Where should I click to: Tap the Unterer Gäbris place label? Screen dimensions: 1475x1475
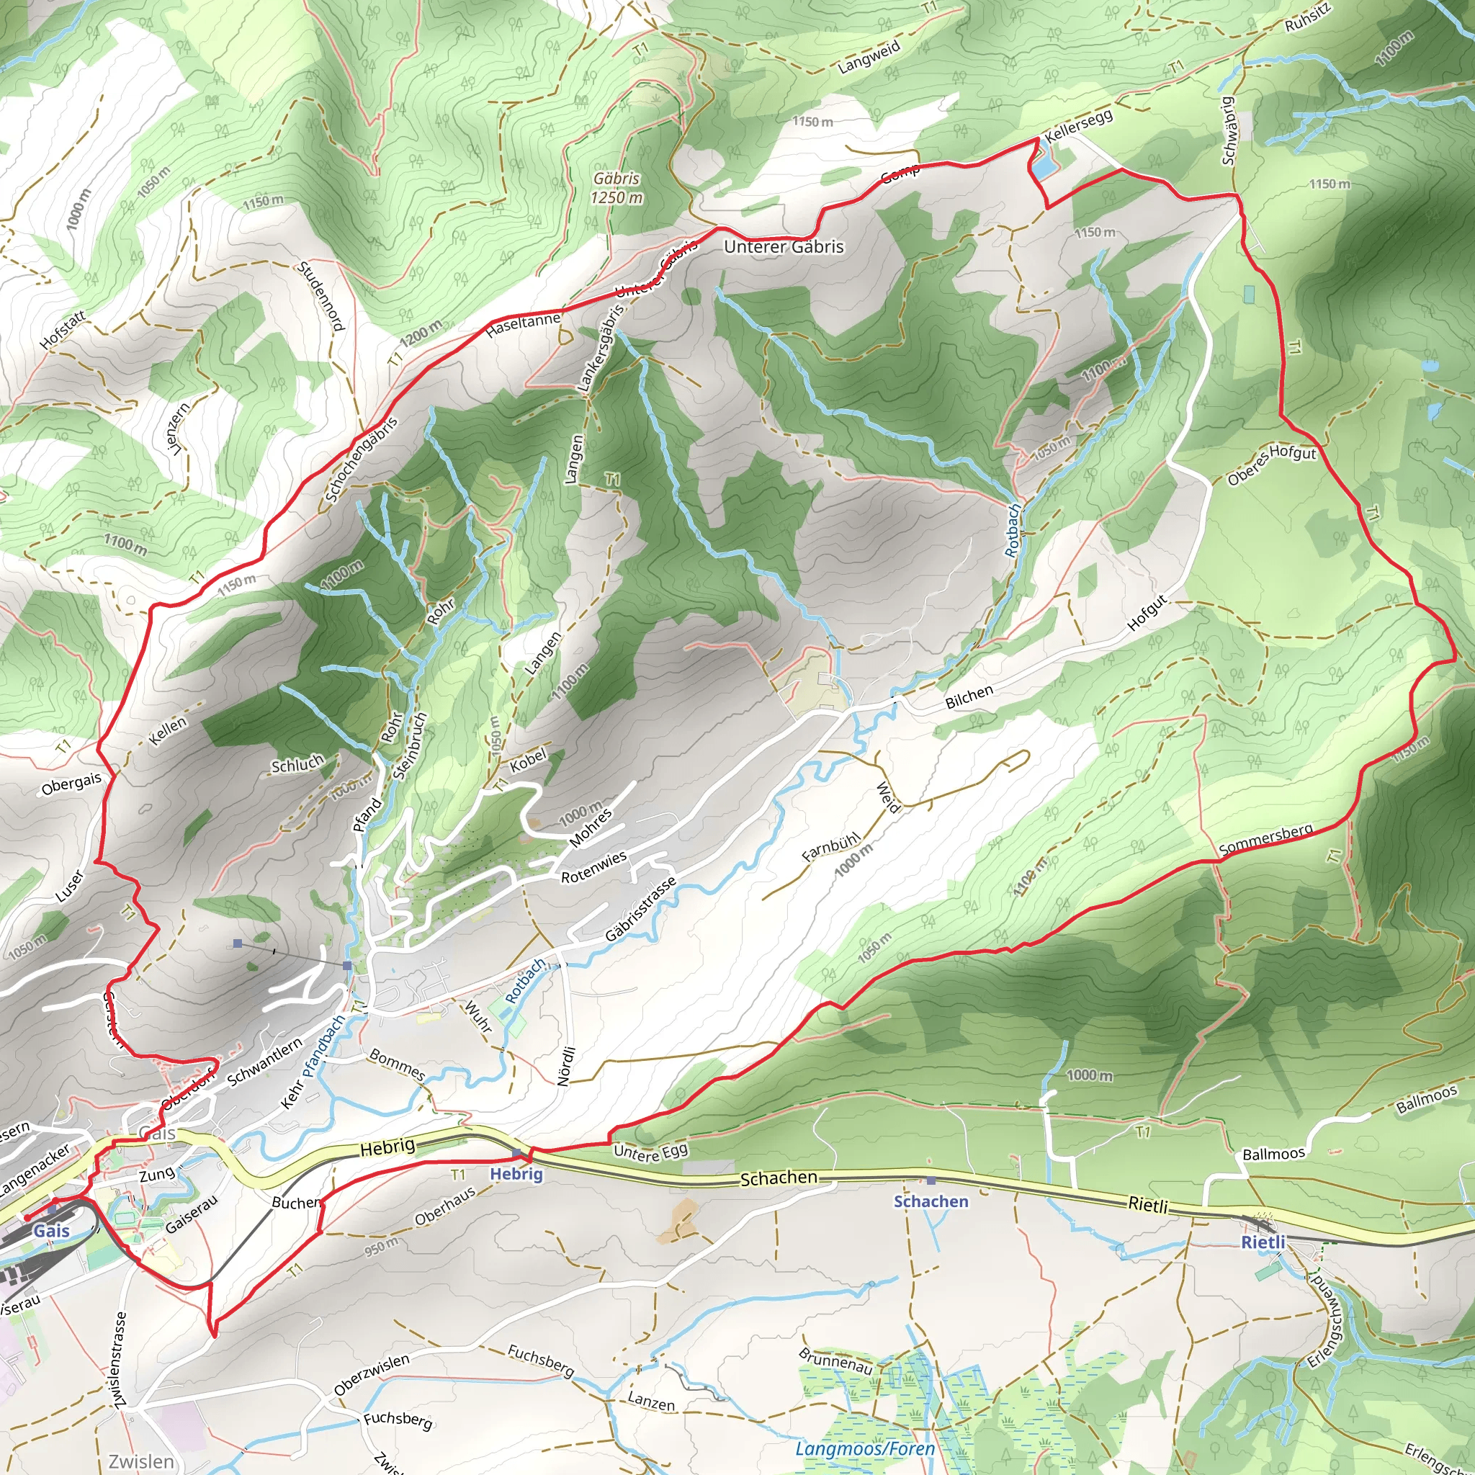(x=784, y=246)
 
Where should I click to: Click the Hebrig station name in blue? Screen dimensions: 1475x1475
(x=516, y=1174)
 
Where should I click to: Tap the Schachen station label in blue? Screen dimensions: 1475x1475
(x=931, y=1202)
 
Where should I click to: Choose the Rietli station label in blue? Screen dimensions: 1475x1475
(x=1263, y=1242)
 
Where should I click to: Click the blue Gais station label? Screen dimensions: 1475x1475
(x=51, y=1231)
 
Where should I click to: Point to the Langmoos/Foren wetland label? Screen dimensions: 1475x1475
(x=864, y=1449)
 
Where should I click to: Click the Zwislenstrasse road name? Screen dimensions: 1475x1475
(x=120, y=1360)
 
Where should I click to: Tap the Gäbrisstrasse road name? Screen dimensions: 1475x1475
(x=640, y=908)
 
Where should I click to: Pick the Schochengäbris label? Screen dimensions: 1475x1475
(x=361, y=459)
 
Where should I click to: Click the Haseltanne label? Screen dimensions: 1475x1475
(x=523, y=326)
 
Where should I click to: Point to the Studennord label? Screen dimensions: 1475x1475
(x=321, y=296)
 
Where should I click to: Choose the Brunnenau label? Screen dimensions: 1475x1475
(x=835, y=1361)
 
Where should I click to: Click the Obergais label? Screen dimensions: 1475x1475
(x=71, y=784)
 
